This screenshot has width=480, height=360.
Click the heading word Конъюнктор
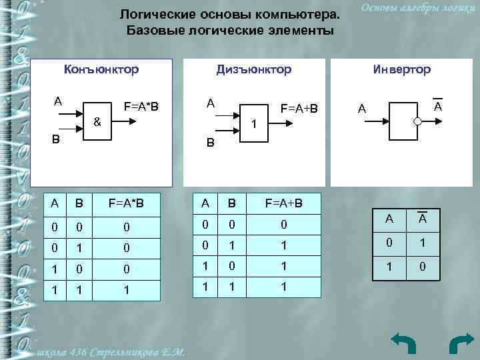tap(101, 69)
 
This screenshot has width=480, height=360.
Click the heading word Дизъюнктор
tap(253, 69)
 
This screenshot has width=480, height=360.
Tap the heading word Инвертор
tap(402, 69)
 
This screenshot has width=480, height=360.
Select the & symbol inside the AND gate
tap(97, 122)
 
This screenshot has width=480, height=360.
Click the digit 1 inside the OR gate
tap(253, 125)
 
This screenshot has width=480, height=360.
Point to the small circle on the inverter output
tap(417, 122)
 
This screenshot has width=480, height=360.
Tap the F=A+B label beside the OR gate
tap(299, 108)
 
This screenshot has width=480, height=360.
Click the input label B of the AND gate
tap(57, 139)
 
